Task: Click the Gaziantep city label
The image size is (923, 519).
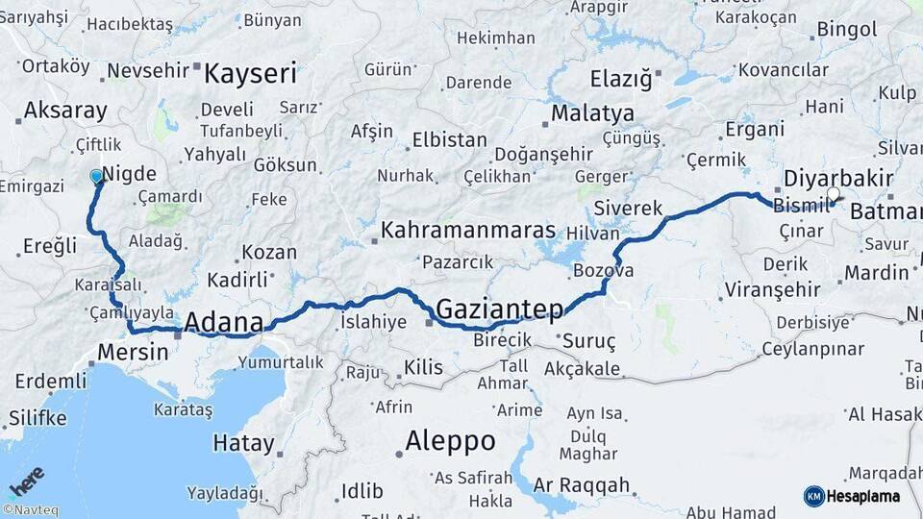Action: point(499,309)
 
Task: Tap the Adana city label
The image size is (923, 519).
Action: point(223,321)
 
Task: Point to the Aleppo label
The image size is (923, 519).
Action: point(450,441)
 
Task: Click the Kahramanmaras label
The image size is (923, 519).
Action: point(468,231)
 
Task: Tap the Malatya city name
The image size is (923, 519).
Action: point(592,113)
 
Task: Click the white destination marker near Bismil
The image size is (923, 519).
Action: point(833,194)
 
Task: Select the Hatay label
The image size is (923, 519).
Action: point(243,443)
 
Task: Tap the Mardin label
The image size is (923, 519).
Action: point(876,273)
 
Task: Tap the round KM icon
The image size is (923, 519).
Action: point(814,496)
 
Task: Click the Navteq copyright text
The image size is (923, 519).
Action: point(30,510)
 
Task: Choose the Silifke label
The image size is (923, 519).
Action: point(37,418)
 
